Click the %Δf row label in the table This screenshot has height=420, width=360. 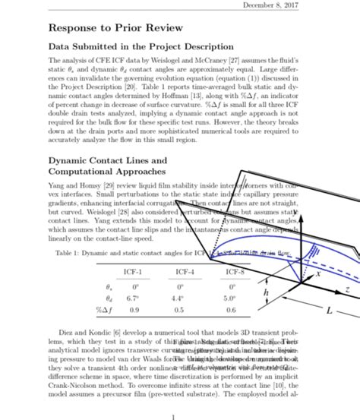(x=101, y=311)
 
